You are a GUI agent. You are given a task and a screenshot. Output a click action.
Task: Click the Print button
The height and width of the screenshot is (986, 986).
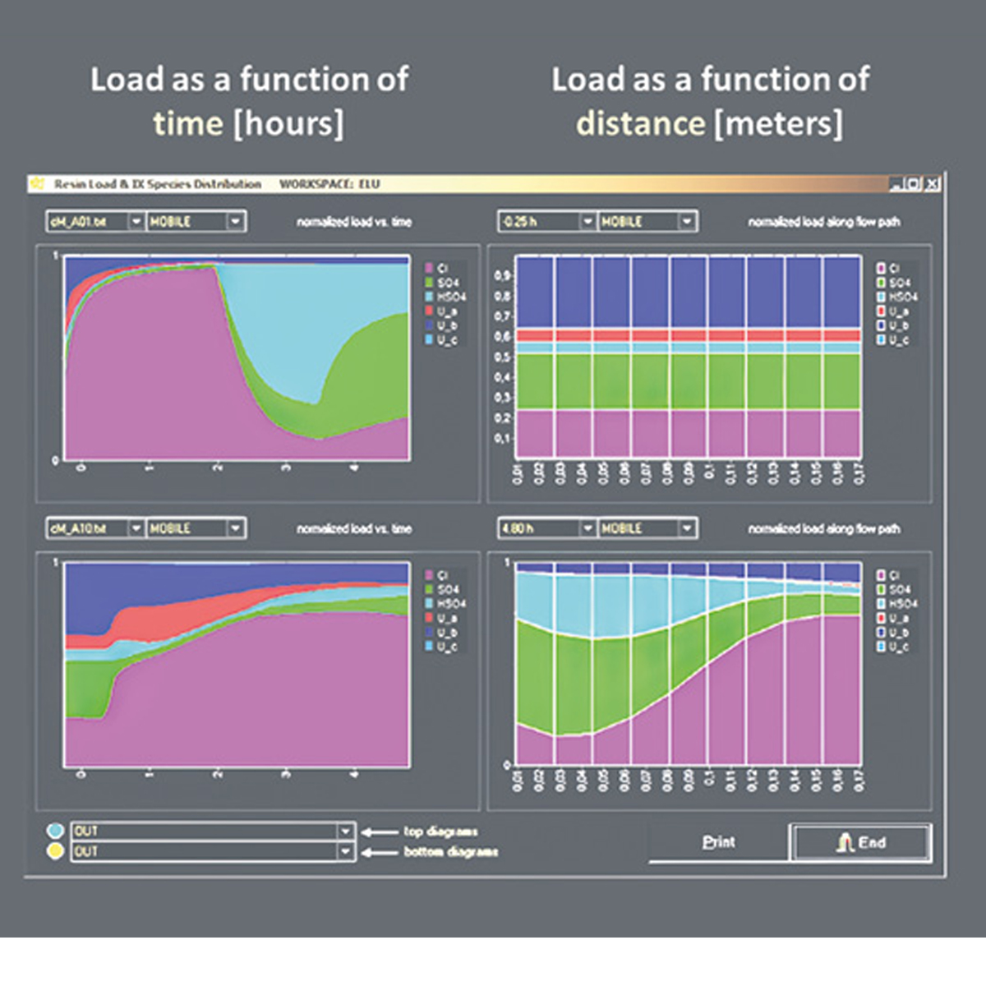point(718,842)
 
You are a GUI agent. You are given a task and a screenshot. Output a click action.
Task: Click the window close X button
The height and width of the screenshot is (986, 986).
point(932,184)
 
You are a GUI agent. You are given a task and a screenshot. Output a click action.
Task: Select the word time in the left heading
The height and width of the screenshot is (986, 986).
point(187,124)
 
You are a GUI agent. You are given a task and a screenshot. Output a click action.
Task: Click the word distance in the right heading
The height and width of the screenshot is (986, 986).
point(640,124)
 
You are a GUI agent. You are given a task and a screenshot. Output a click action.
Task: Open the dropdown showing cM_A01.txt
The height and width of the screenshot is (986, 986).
point(136,222)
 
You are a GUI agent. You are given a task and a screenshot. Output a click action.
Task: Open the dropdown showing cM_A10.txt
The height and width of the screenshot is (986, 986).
point(136,528)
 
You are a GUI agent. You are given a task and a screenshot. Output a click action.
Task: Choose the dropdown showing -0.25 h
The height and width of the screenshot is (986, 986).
point(587,222)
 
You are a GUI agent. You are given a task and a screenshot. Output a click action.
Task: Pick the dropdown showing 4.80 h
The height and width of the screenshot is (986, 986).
point(587,528)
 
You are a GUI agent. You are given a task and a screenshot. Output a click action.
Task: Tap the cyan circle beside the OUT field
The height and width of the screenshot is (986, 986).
point(55,831)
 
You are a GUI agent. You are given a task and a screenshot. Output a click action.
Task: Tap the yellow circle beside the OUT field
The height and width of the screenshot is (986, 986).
point(55,851)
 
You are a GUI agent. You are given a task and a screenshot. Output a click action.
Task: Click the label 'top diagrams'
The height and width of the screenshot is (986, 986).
point(440,832)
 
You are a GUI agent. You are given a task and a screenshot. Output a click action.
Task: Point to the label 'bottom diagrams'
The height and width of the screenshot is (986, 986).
point(450,852)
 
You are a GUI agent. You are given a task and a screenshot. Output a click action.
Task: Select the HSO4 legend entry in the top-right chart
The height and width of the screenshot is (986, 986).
point(902,297)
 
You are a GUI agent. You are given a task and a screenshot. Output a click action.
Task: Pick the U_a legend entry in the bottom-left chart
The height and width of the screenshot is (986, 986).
point(447,618)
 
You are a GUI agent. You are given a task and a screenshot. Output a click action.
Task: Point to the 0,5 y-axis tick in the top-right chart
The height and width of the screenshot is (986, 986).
point(502,357)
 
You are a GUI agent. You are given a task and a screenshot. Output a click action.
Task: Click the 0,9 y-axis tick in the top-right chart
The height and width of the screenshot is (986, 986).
point(502,275)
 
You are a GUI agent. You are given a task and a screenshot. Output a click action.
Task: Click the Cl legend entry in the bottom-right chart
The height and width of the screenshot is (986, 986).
point(894,575)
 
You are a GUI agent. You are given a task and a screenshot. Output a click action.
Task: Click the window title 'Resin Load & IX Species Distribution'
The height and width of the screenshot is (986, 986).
point(158,184)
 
